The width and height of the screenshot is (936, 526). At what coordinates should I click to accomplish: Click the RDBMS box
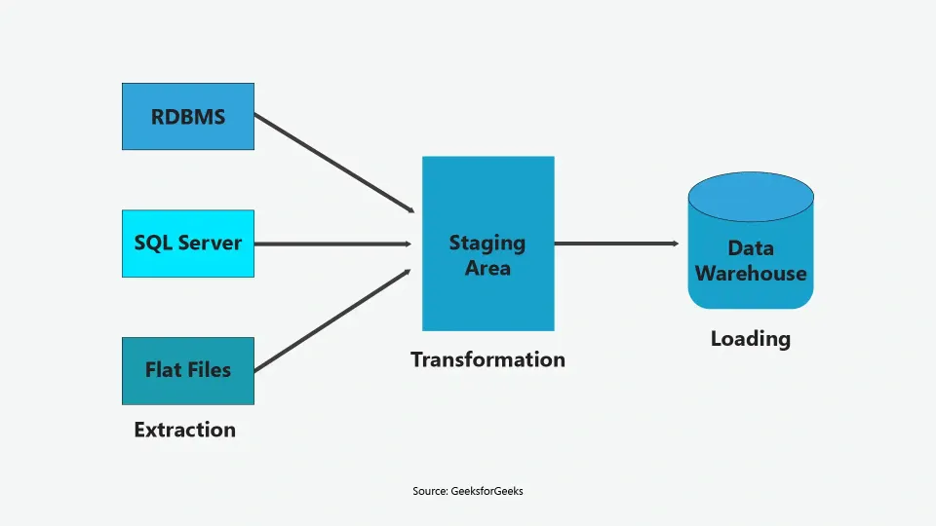(187, 117)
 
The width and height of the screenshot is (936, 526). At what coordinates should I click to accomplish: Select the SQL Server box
(187, 244)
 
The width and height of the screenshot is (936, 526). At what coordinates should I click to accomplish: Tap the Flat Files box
(187, 370)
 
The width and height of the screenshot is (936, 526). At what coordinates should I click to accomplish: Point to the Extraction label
(184, 430)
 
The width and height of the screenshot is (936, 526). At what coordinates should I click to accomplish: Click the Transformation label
(487, 359)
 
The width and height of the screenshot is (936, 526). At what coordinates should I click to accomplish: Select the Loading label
(750, 339)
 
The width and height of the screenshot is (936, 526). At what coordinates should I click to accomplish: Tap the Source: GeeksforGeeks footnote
(468, 491)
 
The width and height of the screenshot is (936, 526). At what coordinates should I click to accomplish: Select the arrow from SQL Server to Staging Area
(331, 244)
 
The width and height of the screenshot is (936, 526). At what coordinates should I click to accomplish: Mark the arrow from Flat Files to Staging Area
(331, 320)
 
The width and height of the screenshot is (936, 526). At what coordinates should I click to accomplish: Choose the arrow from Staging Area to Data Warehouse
(614, 244)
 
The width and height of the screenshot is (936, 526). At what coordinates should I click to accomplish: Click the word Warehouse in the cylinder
(751, 273)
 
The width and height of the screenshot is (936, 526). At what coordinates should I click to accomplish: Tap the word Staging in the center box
(487, 243)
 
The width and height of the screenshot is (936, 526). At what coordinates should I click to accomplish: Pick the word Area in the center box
(487, 268)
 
